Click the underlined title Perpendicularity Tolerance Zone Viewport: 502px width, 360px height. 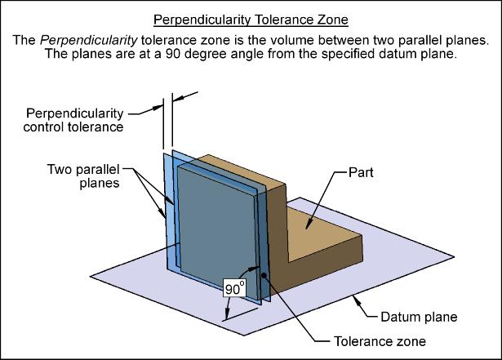pos(251,19)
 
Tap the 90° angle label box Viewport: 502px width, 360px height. pos(234,287)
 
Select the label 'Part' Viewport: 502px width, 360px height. pos(362,172)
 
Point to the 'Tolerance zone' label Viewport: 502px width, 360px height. pos(380,341)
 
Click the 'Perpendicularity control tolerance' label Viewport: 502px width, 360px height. pos(75,119)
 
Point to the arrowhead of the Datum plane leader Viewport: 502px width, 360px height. pos(353,297)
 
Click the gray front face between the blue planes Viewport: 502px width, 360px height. pos(216,220)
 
